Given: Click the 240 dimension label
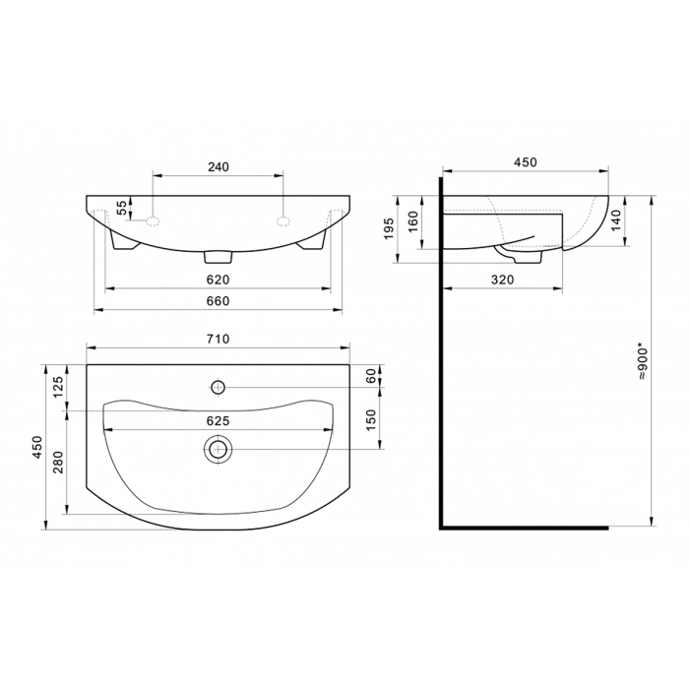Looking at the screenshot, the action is [x=219, y=167].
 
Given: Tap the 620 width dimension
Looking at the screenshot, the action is [x=219, y=280].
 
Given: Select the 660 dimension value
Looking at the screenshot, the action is [x=219, y=301].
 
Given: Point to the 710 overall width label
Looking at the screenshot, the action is [x=219, y=340].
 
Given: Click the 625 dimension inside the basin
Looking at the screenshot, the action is [x=219, y=421].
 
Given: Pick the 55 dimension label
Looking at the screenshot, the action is [x=123, y=207].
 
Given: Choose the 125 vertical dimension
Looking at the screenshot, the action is [x=59, y=387].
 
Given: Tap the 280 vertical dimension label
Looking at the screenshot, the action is [x=59, y=462].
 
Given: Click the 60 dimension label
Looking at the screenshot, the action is [x=371, y=376].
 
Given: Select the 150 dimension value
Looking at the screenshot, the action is [x=371, y=419].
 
